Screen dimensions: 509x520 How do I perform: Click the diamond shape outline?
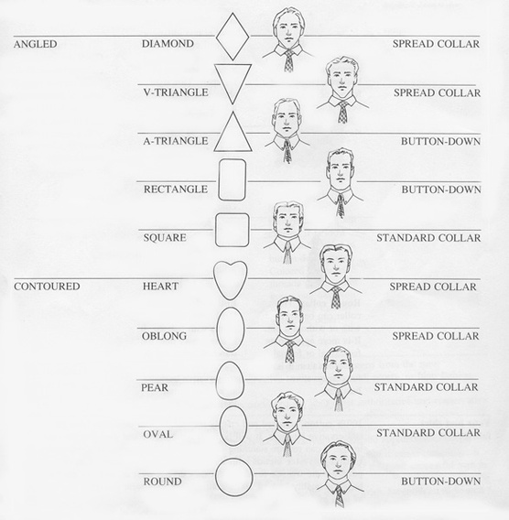216,37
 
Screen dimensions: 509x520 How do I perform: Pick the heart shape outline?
214,276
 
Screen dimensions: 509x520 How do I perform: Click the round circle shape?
216,477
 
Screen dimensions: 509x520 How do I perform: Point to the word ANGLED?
36,44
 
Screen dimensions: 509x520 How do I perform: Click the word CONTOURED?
47,287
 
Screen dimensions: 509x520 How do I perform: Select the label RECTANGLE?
176,190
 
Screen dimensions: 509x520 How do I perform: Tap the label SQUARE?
165,238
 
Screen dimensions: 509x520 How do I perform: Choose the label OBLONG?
164,336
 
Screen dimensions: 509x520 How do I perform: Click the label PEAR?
155,387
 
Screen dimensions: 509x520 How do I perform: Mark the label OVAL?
157,434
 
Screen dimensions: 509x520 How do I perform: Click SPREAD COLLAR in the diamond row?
436,44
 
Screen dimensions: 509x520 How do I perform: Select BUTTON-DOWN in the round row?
441,482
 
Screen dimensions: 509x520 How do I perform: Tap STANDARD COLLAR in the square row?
428,238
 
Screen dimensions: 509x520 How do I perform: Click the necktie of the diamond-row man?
289,60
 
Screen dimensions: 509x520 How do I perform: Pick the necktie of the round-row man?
339,495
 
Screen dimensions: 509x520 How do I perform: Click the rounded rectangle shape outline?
219,180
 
